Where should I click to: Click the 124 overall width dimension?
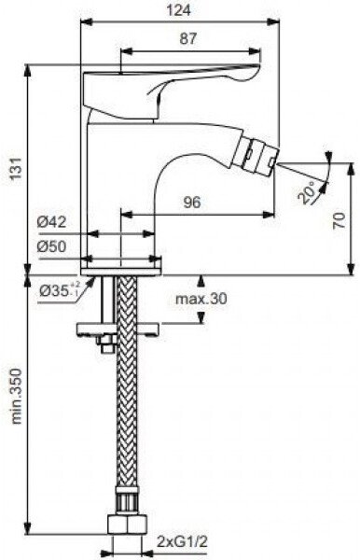click(178, 10)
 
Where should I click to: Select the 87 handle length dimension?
click(188, 38)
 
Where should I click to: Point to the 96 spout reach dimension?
click(192, 203)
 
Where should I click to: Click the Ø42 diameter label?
click(51, 222)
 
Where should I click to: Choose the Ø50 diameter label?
click(51, 246)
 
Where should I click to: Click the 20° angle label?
click(307, 191)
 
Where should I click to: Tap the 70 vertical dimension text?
click(339, 220)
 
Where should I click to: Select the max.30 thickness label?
click(201, 299)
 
